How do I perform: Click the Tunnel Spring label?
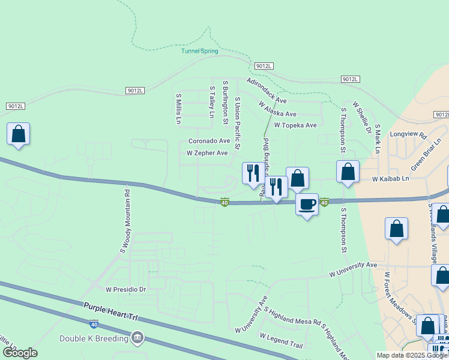click(x=200, y=51)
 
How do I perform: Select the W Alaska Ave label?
click(x=277, y=109)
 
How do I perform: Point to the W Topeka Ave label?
click(x=295, y=125)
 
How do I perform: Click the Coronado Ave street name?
click(x=209, y=141)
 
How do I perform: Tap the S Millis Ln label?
click(x=178, y=108)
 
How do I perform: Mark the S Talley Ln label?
click(x=211, y=102)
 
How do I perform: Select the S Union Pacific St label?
click(x=238, y=123)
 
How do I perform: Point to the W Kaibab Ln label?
click(x=390, y=179)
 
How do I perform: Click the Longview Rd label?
click(x=408, y=135)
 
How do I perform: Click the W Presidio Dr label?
click(x=126, y=289)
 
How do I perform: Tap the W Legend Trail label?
click(x=282, y=340)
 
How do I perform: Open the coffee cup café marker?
click(x=307, y=204)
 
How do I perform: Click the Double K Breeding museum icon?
click(x=139, y=338)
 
